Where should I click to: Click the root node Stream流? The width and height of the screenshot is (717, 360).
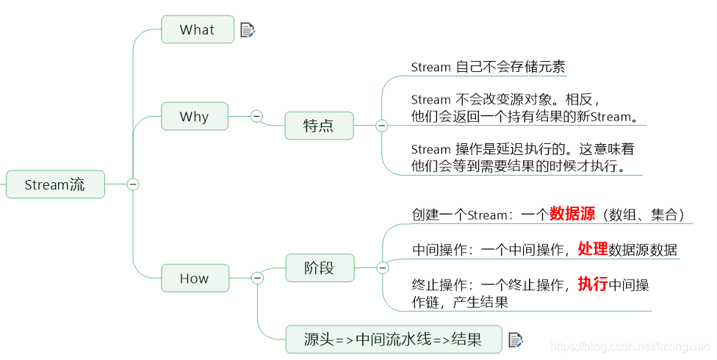[55, 184]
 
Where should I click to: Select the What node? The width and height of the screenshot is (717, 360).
[197, 30]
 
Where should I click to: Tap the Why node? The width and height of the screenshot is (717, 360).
[194, 117]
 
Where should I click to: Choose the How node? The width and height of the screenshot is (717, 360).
[194, 278]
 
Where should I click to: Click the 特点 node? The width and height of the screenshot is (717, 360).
[319, 126]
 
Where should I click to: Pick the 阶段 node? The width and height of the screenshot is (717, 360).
[319, 268]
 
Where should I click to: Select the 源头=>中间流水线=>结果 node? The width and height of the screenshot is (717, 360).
[394, 339]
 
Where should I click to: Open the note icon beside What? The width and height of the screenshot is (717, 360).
[248, 30]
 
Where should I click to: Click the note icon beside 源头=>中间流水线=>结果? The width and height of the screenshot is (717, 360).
[516, 339]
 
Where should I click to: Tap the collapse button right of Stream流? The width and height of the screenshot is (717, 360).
[133, 184]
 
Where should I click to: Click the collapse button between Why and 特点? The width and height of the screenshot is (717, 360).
[256, 116]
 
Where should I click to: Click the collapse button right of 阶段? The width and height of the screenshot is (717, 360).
[382, 268]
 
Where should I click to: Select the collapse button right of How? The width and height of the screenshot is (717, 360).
[257, 278]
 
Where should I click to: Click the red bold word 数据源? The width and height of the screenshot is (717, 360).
[572, 215]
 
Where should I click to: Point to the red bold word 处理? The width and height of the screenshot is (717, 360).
[592, 249]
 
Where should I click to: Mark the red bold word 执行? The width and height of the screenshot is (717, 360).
[592, 284]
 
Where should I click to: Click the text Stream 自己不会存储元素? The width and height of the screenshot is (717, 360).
[488, 67]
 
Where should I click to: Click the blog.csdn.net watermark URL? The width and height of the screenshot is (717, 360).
[630, 346]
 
